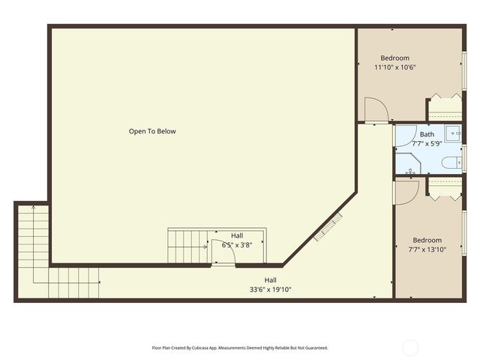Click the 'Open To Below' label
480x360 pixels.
coord(152,131)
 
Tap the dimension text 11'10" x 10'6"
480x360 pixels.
coord(395,67)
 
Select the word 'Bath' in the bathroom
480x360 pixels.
coord(427,134)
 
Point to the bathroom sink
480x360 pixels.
coord(454,134)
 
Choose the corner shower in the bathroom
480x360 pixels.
coord(407,163)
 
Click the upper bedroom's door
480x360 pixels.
coord(375,111)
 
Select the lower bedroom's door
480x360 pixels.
coord(406,192)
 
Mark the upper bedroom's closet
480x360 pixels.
coord(445,108)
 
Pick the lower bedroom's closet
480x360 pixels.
coord(445,187)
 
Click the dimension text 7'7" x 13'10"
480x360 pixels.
coord(427,250)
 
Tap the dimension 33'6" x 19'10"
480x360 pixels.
coord(270,289)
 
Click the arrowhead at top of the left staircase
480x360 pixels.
coord(33,208)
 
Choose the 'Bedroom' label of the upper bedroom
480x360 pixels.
coord(395,58)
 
